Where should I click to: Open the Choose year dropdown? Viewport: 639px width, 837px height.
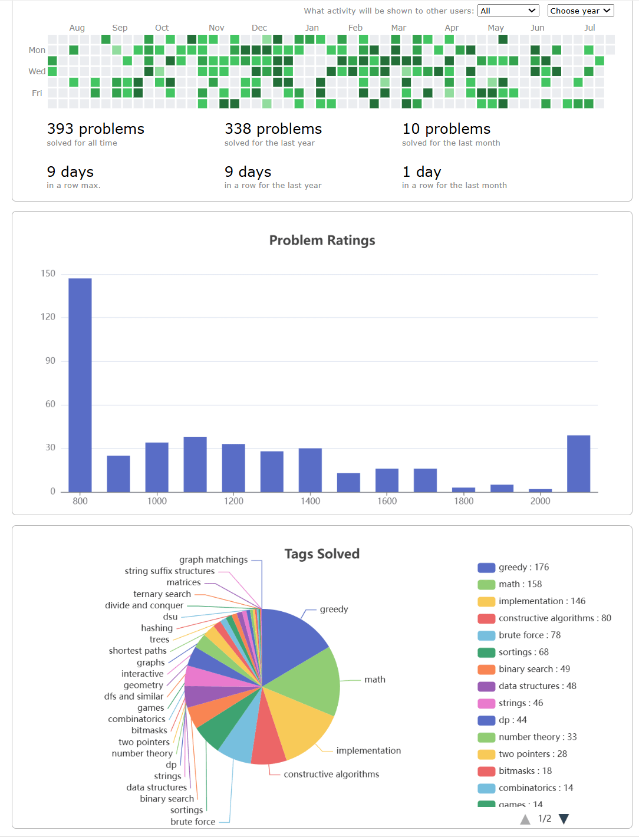[580, 11]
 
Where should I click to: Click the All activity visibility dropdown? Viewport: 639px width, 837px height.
[508, 11]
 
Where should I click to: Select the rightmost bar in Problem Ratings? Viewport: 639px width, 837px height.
[578, 463]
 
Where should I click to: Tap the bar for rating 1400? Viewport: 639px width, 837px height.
[310, 470]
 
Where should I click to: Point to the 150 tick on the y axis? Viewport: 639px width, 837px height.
[48, 273]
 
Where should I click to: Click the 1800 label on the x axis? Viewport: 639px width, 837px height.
[463, 501]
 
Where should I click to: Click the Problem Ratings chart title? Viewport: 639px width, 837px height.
[322, 240]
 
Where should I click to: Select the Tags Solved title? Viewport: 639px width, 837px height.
[322, 554]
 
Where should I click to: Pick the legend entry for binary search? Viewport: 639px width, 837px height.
[533, 669]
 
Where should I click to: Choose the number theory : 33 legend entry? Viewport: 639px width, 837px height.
[537, 737]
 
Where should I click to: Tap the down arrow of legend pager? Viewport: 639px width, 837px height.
[564, 819]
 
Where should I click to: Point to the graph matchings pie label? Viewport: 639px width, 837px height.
[213, 560]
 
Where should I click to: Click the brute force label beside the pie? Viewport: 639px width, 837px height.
[193, 822]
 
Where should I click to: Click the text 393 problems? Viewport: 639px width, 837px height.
[95, 129]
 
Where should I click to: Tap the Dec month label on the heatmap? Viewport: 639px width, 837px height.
[259, 28]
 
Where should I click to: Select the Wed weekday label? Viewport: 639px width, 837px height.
[37, 71]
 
